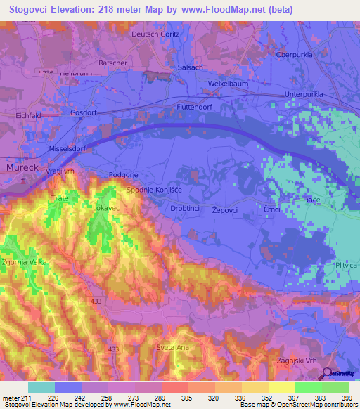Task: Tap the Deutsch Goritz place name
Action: [x=156, y=34]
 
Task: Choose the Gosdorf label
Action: [x=83, y=113]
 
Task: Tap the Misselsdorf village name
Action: [x=67, y=149]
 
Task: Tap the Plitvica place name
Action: [x=345, y=264]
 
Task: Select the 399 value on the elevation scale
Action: [x=347, y=398]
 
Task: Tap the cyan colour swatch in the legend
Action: [x=41, y=387]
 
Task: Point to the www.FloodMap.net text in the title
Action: [x=224, y=9]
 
